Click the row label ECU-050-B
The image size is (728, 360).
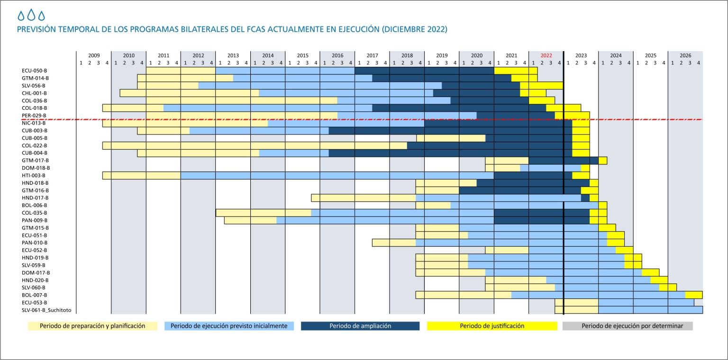(x=35, y=71)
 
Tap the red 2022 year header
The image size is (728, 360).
(x=546, y=55)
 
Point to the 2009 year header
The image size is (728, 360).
(x=94, y=55)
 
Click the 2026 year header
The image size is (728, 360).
(x=685, y=55)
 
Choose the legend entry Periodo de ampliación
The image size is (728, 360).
(x=360, y=326)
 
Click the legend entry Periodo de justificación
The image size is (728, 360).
(x=492, y=326)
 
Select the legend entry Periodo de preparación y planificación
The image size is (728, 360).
(x=92, y=326)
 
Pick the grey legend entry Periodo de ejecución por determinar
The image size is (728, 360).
(x=628, y=326)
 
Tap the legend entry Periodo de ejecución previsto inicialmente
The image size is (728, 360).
(x=229, y=326)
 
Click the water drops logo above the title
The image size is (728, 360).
(x=31, y=16)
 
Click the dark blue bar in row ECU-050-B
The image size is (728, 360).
(x=424, y=71)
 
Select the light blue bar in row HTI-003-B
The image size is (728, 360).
(x=337, y=175)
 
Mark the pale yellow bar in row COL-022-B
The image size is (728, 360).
(x=255, y=145)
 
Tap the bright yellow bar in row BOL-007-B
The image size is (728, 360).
(x=693, y=295)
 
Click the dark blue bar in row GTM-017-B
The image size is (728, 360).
(x=563, y=161)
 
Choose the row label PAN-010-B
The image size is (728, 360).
(x=35, y=243)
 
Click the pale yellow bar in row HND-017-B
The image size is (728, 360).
(x=363, y=198)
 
